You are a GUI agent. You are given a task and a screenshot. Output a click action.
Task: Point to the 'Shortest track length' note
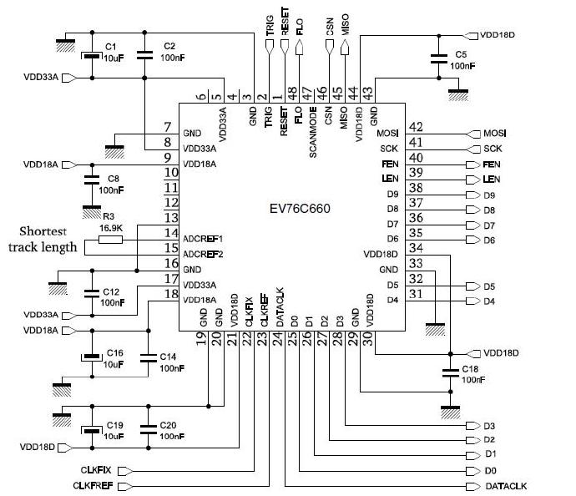coord(43,239)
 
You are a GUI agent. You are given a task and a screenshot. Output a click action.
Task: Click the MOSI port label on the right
coord(494,134)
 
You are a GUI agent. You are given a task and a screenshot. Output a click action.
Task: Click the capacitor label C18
coord(470,368)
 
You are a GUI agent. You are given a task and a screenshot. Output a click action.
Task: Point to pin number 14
coord(171,233)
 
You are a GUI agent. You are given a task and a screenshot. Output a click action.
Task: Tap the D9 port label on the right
coord(489,195)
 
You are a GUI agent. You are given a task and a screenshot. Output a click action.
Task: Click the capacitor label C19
coord(114,425)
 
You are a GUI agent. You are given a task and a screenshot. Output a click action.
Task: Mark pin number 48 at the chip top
coord(292,93)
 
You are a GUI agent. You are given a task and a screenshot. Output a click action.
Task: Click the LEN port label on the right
coord(492,180)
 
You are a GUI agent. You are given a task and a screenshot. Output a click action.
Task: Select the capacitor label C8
coord(112,179)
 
